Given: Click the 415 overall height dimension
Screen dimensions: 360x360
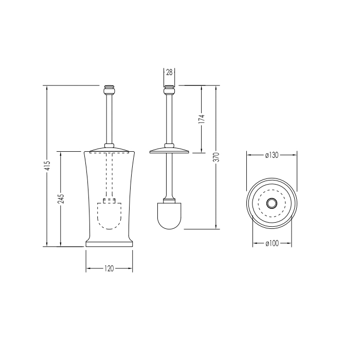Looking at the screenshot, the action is [x=48, y=165].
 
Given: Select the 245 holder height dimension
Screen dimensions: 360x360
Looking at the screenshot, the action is [x=61, y=199].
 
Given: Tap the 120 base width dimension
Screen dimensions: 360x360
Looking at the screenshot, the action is [x=109, y=268].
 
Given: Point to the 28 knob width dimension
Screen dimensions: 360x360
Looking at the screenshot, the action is [x=169, y=73].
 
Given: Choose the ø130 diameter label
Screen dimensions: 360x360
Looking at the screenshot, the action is [x=272, y=155].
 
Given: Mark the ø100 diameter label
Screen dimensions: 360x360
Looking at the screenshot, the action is [x=272, y=243].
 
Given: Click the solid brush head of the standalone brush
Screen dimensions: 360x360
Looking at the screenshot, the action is [x=169, y=216].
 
